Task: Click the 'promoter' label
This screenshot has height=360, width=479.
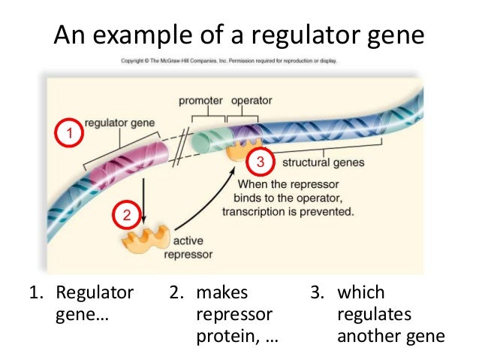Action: (x=200, y=101)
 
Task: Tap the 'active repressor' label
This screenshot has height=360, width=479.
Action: (x=192, y=248)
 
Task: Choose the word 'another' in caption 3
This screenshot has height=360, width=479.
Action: (x=368, y=335)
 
